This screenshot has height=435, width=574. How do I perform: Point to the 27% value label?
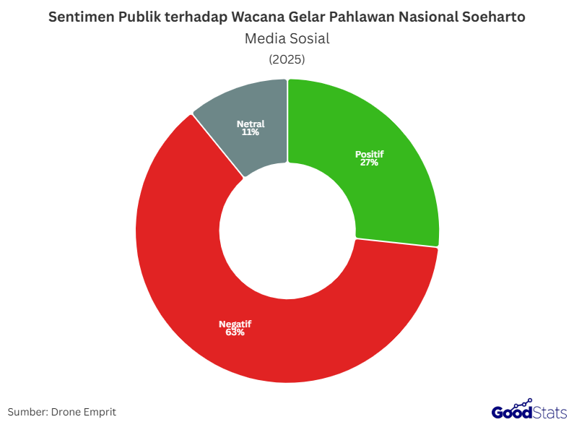pyautogui.click(x=369, y=163)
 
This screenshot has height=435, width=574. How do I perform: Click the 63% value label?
pyautogui.click(x=235, y=332)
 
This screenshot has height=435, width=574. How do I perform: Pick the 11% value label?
pyautogui.click(x=251, y=132)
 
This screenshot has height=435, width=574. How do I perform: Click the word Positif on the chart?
pyautogui.click(x=369, y=154)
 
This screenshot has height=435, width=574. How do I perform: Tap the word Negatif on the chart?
pyautogui.click(x=235, y=324)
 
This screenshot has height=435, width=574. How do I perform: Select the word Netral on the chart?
pyautogui.click(x=251, y=124)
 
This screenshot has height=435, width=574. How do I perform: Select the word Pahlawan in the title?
pyautogui.click(x=352, y=17)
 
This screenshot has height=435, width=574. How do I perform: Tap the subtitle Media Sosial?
pyautogui.click(x=287, y=38)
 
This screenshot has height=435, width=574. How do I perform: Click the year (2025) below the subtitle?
pyautogui.click(x=287, y=59)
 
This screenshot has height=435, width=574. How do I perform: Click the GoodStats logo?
pyautogui.click(x=529, y=411)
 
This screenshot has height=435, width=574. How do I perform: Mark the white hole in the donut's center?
pyautogui.click(x=287, y=231)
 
